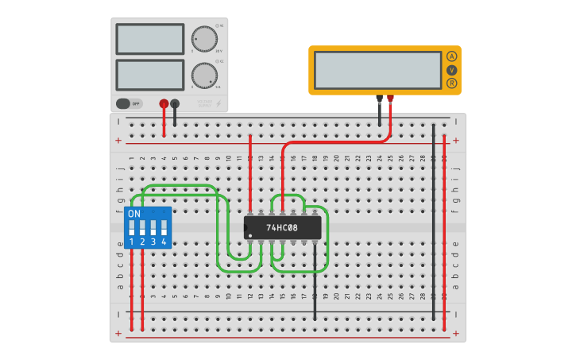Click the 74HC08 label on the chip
pos(282,228)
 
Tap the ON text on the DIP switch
pos(134,214)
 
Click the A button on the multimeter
pos(451,56)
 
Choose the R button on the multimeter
pos(451,83)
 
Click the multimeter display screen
pos(377,70)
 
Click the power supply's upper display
pos(149,39)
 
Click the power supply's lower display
pos(149,75)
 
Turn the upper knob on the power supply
pos(204,39)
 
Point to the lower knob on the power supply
pos(204,75)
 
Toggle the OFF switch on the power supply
pos(128,103)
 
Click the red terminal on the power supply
pos(164,103)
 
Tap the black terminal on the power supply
pos(175,103)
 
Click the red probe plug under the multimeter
pos(390,99)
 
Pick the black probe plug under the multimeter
pos(379,99)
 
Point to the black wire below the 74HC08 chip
pos(315,278)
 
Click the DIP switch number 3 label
pos(153,242)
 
